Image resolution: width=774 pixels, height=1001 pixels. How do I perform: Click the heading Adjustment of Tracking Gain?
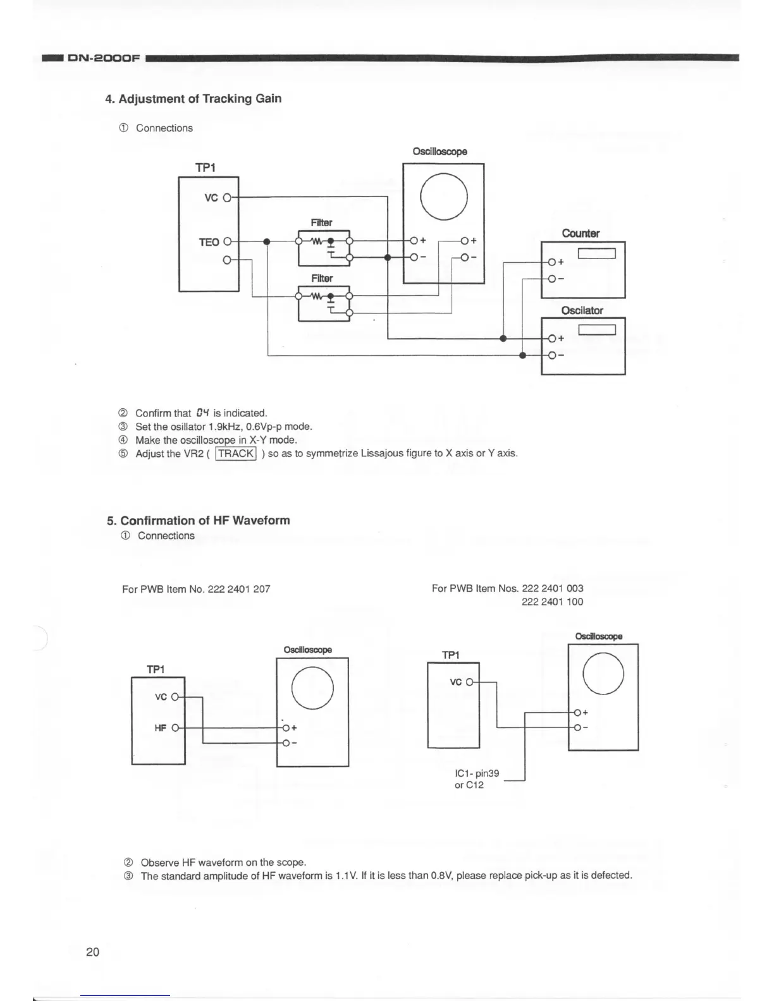(x=193, y=99)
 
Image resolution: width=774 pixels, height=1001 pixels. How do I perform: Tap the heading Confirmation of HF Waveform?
(x=199, y=521)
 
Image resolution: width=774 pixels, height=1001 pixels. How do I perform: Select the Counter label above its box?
(x=580, y=233)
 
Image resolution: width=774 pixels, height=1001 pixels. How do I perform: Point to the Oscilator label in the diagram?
(x=582, y=310)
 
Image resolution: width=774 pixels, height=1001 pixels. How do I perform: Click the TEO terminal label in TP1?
(x=209, y=242)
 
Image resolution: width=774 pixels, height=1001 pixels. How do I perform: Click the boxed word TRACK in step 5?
(x=236, y=453)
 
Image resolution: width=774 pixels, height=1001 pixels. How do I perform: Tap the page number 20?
(x=92, y=952)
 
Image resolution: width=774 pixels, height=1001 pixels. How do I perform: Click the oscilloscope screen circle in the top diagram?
(x=443, y=196)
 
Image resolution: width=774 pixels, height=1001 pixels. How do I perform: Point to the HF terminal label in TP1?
(x=161, y=728)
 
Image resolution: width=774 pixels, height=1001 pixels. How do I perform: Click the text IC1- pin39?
(x=477, y=773)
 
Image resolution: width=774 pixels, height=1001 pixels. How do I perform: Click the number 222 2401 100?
(x=552, y=602)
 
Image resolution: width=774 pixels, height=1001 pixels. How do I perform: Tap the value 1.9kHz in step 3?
(x=223, y=427)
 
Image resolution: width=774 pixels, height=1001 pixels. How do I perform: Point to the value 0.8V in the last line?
(x=441, y=875)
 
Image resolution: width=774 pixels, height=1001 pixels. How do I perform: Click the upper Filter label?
(x=321, y=222)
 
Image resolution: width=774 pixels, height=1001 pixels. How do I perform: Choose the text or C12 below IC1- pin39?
(x=469, y=786)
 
